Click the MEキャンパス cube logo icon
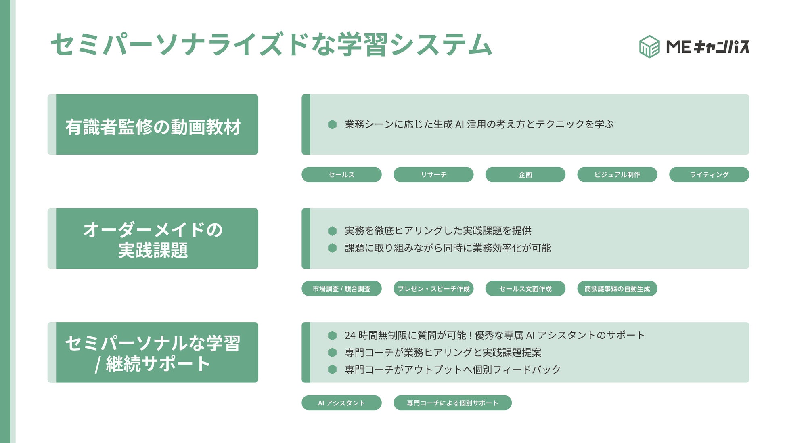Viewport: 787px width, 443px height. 649,47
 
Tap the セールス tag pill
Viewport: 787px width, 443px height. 341,174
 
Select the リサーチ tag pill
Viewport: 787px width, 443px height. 433,174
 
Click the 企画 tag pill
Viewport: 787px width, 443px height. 525,174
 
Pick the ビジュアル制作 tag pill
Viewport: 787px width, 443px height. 617,174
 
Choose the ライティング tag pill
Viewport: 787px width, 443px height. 709,174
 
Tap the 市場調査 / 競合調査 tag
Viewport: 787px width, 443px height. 341,289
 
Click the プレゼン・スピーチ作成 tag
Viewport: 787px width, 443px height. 433,289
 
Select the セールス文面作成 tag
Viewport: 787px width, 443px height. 525,289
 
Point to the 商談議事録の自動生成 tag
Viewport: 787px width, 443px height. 617,289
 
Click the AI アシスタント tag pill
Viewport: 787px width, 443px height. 341,403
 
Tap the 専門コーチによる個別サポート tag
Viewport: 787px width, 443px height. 452,403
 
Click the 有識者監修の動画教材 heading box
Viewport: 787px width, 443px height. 153,125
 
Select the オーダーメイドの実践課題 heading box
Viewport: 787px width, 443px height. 153,239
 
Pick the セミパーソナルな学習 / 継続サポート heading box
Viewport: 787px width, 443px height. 153,353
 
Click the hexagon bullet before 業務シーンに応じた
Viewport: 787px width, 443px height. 332,124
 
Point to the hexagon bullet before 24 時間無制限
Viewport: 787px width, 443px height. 332,335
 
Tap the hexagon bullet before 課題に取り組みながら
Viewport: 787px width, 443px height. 332,248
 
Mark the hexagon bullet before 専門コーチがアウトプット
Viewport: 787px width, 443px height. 332,370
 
